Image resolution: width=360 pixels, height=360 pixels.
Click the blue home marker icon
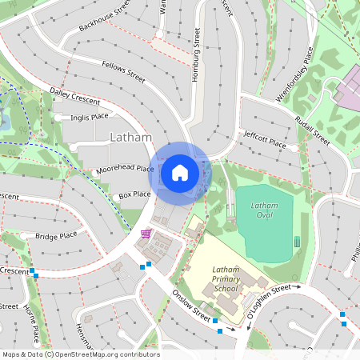180,172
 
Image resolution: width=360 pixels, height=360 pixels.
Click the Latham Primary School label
226,280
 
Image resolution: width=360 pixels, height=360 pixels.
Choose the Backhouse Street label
104,17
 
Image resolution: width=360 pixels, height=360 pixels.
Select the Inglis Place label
89,117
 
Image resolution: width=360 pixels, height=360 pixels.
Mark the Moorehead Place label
125,169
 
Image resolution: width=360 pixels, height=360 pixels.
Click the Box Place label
134,194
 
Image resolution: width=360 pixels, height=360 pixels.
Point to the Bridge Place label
57,235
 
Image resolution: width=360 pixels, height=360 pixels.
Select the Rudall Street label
312,127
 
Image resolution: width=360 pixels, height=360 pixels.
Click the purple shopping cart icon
146,234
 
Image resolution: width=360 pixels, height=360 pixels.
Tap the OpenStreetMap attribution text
81,354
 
